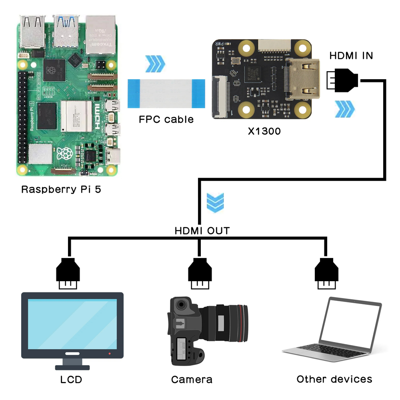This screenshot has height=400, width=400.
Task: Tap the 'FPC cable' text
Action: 166,119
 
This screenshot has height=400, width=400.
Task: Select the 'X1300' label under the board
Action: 264,130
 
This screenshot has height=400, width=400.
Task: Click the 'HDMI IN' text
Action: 351,56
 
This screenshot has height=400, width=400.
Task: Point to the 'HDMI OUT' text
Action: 202,231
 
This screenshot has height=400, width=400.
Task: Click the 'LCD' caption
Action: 72,379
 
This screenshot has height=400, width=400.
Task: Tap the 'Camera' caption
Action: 192,379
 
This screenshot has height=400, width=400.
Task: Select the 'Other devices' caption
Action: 334,379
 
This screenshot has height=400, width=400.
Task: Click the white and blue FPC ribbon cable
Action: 166,94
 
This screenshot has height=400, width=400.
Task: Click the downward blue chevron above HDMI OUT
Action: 215,202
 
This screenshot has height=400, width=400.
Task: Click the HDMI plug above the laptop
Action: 326,273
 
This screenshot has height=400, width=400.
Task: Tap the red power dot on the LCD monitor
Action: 110,354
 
